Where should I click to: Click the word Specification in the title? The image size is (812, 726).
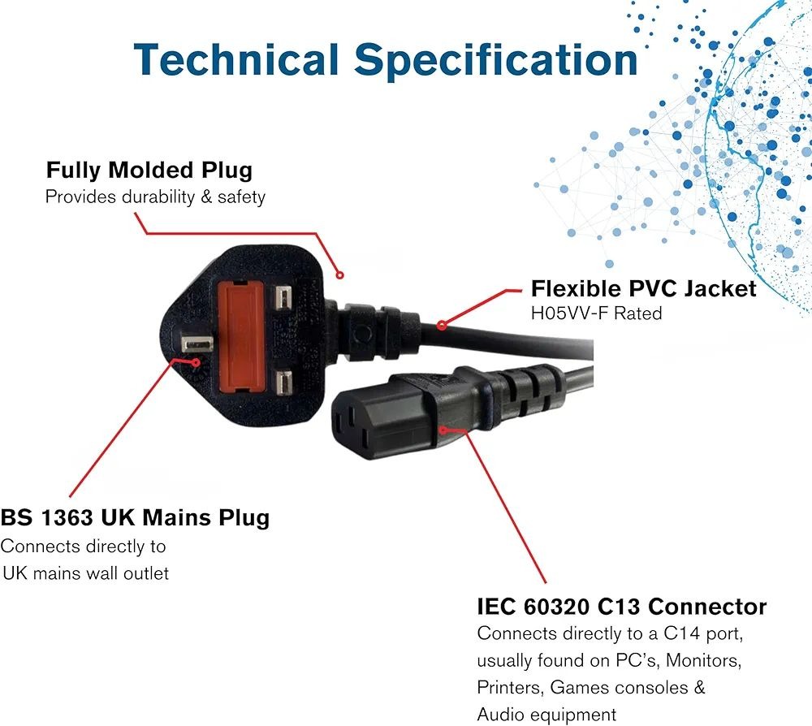(x=495, y=61)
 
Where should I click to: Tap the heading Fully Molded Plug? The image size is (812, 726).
(x=149, y=171)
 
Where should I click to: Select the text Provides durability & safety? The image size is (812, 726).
(x=155, y=197)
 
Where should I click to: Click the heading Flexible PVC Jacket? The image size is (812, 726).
(x=644, y=288)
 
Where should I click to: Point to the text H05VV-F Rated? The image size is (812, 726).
(x=597, y=313)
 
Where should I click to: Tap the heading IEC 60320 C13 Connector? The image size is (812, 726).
(x=621, y=607)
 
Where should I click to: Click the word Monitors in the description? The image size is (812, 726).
(x=703, y=660)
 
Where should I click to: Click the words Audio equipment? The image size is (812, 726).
(x=546, y=715)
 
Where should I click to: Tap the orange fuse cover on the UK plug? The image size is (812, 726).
(x=242, y=335)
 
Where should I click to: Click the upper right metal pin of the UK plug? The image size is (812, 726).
(x=284, y=298)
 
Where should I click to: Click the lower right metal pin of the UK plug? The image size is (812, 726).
(x=284, y=382)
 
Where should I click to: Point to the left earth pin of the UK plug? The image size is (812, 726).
(x=197, y=344)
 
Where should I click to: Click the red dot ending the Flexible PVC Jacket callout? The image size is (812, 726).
(x=441, y=325)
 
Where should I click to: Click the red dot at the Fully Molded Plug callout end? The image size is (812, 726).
(x=339, y=275)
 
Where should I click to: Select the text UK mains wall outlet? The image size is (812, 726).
(x=86, y=573)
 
